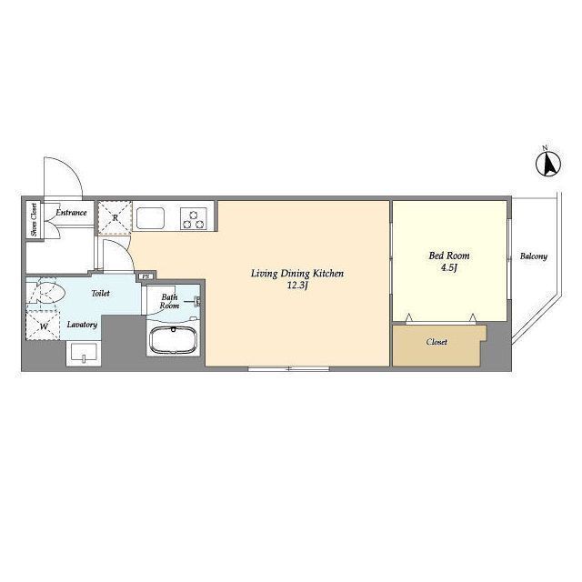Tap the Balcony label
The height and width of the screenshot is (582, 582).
(534, 256)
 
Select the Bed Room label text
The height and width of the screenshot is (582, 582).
(448, 256)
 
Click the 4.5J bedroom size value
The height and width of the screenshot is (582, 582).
(448, 267)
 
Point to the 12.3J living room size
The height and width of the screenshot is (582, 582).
(297, 286)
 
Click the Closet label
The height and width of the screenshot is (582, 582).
(436, 342)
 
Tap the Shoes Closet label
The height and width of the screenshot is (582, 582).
(35, 219)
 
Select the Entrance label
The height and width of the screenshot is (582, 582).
(71, 213)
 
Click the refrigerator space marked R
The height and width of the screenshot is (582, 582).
(115, 218)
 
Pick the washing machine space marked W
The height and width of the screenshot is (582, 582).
(43, 326)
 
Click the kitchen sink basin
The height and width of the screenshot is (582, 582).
(150, 218)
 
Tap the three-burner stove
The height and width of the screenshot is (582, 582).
(194, 218)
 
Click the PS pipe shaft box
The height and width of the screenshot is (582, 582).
(146, 276)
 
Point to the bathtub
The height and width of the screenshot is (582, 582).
(173, 340)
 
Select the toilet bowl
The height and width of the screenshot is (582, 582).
(45, 291)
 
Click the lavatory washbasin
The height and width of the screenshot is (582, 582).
(84, 353)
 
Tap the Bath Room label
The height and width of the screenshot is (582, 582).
(169, 301)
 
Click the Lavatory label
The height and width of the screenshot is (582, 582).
(82, 325)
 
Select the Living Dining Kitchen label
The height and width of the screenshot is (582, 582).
(297, 274)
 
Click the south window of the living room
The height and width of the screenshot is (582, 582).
(289, 368)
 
